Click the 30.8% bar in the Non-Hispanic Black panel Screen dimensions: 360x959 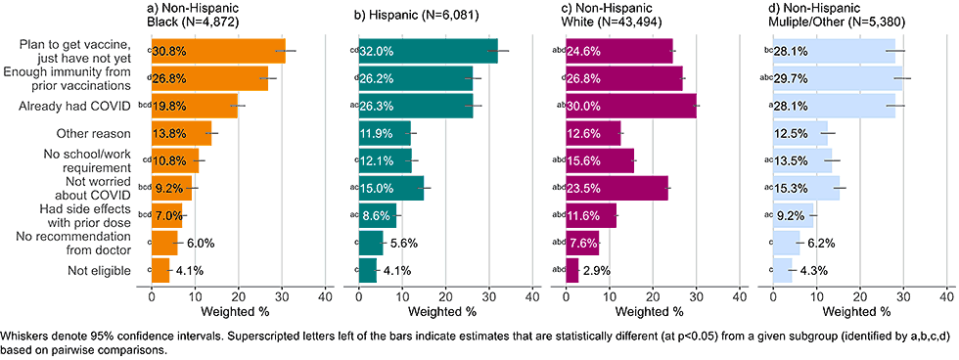217,51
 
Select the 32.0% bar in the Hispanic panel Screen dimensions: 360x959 428,51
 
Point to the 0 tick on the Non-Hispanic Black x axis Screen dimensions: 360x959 152,296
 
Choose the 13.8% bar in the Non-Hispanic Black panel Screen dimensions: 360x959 181,133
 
